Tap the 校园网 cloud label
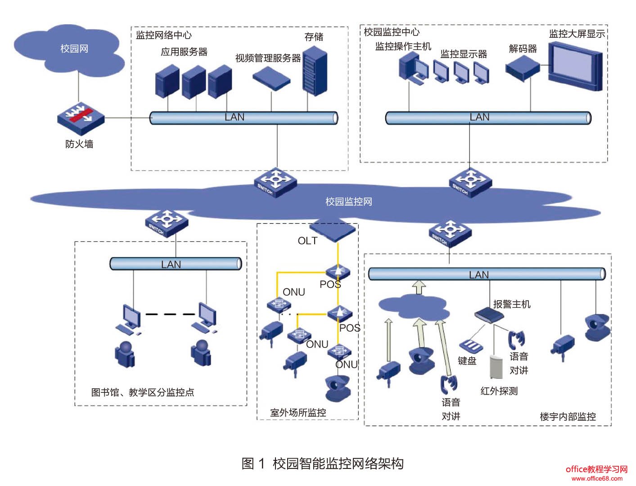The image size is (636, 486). point(74,49)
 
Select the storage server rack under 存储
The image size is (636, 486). point(315,73)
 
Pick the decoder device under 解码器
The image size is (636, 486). point(522,70)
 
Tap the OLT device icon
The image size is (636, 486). point(333,230)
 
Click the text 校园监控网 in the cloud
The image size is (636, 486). point(349,202)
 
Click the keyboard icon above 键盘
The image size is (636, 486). point(471,346)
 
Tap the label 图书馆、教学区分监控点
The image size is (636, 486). point(143,392)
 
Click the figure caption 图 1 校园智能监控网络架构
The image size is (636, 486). point(322,463)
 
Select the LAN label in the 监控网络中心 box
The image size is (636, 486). point(235,117)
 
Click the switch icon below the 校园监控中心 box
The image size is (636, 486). point(470,182)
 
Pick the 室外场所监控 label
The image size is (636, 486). point(298,413)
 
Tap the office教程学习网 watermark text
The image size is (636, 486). point(596,469)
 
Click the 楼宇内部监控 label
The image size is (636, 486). point(568,417)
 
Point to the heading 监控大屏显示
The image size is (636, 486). point(577,34)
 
